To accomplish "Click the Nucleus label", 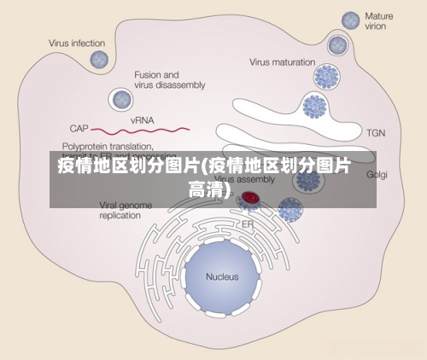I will click(222, 276).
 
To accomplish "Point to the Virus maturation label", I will click(283, 61).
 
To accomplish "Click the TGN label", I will click(376, 133).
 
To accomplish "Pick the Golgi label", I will click(377, 174).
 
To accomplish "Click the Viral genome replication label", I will click(120, 210).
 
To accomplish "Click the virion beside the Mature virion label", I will click(350, 20).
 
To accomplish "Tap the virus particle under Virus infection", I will click(100, 60).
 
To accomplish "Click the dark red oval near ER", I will click(250, 198).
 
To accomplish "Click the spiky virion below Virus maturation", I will click(327, 78).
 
